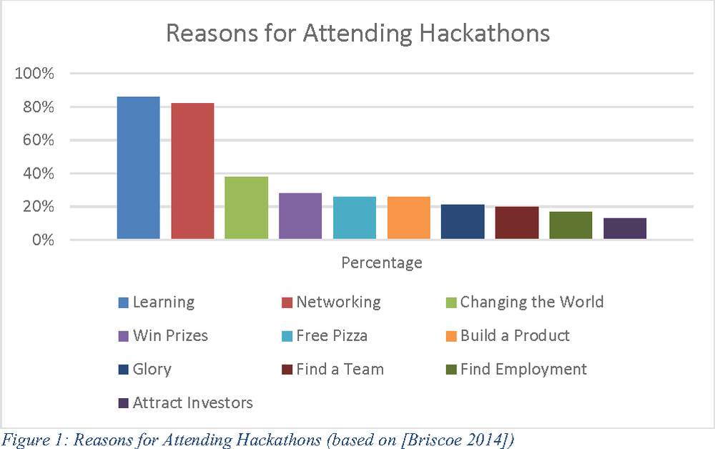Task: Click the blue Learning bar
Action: tap(138, 168)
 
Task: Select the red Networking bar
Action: tap(192, 171)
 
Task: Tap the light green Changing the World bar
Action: tap(246, 208)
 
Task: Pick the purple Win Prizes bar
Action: tap(300, 216)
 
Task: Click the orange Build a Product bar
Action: tap(408, 218)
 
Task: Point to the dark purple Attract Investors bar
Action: tap(625, 228)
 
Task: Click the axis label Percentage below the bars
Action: tap(382, 263)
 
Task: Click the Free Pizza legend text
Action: tap(332, 335)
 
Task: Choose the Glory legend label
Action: tap(152, 370)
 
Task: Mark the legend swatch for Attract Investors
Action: tap(124, 404)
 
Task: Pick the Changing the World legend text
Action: tap(532, 302)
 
